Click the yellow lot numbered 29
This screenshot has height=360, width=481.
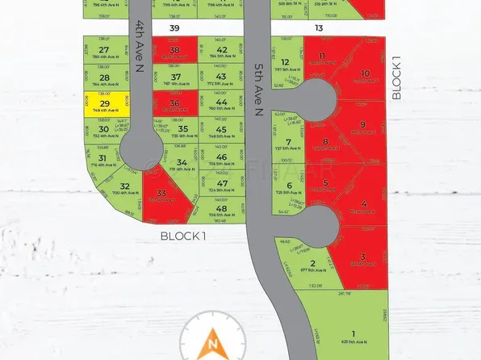104,105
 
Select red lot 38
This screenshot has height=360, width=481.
175,52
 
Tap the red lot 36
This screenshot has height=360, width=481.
175,106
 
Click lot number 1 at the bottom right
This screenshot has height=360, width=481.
353,333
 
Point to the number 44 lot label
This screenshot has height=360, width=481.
221,103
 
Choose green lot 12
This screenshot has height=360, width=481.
285,65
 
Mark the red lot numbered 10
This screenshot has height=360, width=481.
365,74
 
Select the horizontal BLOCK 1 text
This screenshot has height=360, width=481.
183,236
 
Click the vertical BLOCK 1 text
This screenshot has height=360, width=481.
396,78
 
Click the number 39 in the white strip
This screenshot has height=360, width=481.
174,27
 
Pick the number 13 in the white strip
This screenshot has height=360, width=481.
319,27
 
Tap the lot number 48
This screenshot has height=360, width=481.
221,209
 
